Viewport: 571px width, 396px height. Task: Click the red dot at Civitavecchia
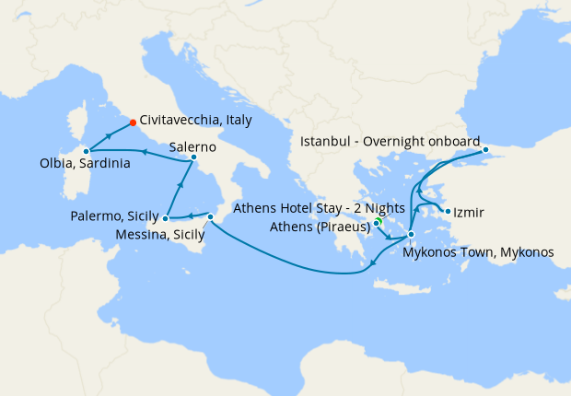tap(134, 122)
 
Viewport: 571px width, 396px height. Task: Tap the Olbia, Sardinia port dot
tap(86, 150)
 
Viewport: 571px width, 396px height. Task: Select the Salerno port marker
tap(193, 157)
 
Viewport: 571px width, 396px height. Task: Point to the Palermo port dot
tap(164, 219)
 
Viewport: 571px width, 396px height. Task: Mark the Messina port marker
tap(211, 217)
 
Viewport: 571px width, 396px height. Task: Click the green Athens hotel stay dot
tap(378, 222)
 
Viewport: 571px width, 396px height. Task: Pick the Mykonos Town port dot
tap(411, 235)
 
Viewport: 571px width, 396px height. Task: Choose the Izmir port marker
tap(448, 212)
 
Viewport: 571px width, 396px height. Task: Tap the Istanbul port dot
tap(485, 149)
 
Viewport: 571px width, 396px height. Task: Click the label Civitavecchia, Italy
tap(196, 121)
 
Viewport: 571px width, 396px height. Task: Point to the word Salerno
tap(192, 146)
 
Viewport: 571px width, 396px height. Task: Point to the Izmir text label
tap(470, 214)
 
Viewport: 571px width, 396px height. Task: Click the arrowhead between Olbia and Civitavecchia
tap(110, 135)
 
